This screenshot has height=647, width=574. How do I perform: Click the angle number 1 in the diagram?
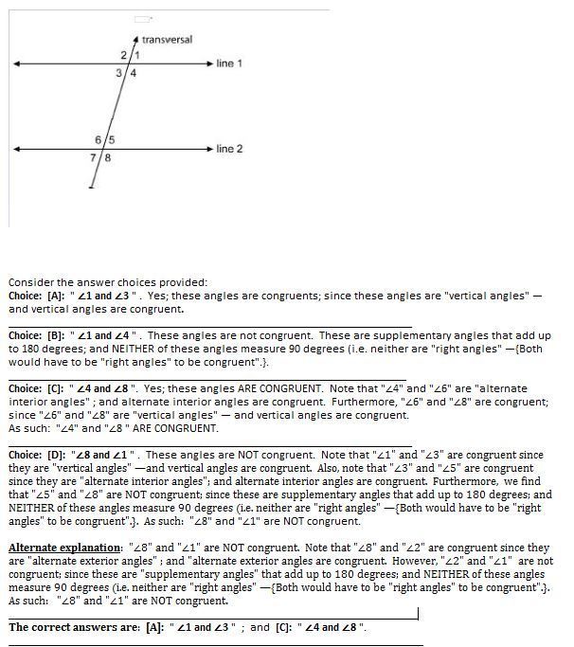point(136,56)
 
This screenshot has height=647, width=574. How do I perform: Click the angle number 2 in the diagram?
point(124,56)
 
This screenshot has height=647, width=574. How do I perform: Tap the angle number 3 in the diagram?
point(119,73)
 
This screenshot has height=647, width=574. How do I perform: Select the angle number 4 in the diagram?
point(133,73)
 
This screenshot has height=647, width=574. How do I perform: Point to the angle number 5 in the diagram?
point(111,140)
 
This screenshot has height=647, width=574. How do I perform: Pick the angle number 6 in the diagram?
point(99,140)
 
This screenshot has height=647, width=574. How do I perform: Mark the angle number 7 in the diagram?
point(94,157)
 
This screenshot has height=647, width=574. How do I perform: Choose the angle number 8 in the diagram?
point(107,157)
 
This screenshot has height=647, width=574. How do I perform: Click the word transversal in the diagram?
point(167,40)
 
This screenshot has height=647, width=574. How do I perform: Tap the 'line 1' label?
point(229,63)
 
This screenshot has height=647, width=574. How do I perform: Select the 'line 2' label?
point(229,149)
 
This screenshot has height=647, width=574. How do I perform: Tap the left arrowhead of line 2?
point(16,149)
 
